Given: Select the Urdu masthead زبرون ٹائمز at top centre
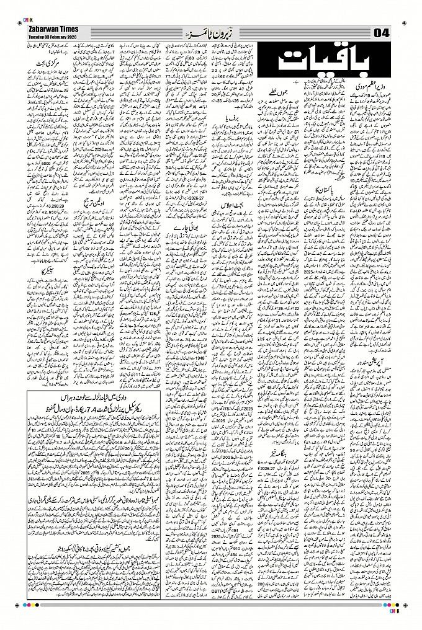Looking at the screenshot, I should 209,32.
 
